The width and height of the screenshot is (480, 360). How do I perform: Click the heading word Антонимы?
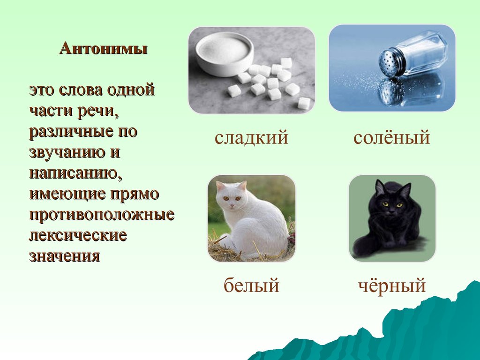coord(104,49)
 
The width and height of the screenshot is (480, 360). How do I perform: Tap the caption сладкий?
coord(251,137)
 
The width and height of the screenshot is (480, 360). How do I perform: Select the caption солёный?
coord(391,137)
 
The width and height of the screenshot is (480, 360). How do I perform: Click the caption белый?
coord(251,285)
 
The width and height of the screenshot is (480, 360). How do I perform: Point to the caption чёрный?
coord(392,285)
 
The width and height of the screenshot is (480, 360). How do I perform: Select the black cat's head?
coord(391,199)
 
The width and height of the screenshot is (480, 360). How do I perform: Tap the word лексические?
coord(78,236)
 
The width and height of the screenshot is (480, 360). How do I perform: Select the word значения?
coord(65,256)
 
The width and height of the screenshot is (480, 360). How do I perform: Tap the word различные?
coord(71,132)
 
